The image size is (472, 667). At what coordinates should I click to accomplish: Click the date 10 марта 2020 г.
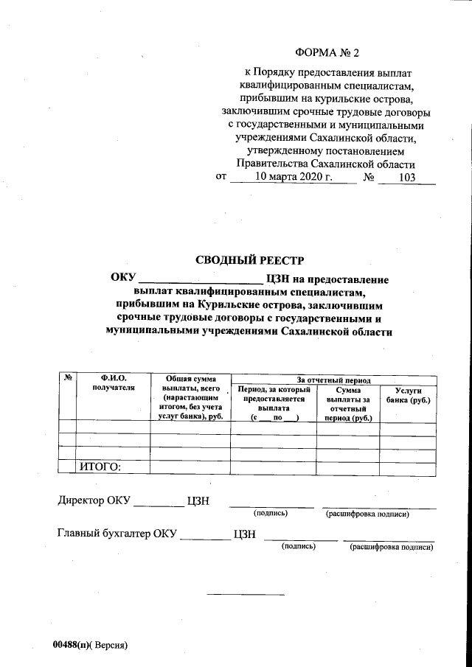(294, 178)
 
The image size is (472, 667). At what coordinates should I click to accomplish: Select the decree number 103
(406, 178)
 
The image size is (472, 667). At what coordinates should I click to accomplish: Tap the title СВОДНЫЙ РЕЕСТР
(249, 259)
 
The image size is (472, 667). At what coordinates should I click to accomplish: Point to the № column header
(67, 378)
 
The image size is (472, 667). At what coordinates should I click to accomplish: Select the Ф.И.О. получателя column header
(114, 383)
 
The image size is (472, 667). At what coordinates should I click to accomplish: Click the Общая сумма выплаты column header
(190, 397)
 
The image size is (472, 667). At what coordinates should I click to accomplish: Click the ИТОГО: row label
(99, 466)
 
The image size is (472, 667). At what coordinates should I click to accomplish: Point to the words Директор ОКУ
(94, 501)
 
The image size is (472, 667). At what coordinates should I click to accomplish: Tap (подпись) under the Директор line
(271, 513)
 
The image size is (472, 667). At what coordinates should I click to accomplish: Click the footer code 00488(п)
(71, 645)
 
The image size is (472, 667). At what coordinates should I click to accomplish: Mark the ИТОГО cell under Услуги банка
(408, 466)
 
